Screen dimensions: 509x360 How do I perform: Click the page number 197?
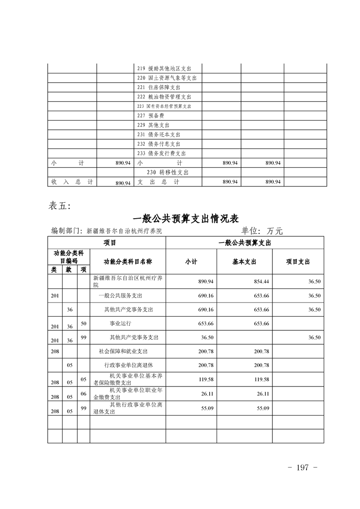coord(302,467)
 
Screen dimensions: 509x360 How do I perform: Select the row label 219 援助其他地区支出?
coord(163,69)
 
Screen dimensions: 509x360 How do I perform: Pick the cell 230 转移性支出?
coord(168,172)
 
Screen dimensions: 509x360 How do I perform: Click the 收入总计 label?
coord(72,182)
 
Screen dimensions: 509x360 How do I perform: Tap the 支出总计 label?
coord(158,182)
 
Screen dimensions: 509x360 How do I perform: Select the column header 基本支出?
coord(244,262)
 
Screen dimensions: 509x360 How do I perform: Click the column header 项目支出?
coord(298,262)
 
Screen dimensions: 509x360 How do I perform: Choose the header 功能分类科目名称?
coord(128,262)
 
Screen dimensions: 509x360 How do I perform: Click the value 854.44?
coord(262,282)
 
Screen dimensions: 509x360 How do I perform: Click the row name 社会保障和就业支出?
coord(123,351)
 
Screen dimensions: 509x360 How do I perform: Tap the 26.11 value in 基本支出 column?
coord(263,394)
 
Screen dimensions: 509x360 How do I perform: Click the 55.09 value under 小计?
coord(207,408)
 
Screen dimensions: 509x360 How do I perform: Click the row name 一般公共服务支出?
coord(120,296)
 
